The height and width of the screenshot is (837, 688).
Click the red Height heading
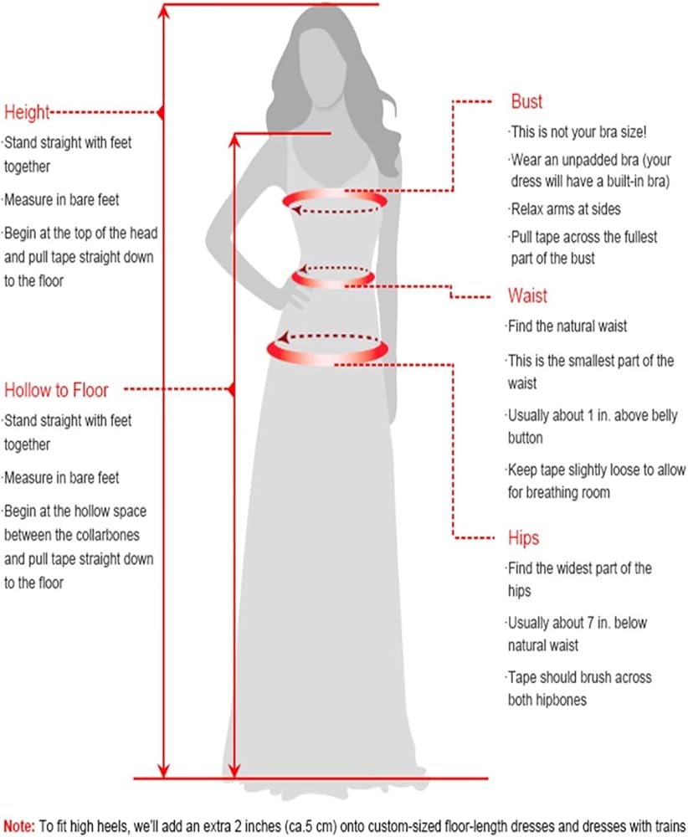(x=28, y=112)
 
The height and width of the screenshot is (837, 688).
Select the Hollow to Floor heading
(x=56, y=389)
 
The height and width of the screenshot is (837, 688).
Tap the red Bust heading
(x=526, y=102)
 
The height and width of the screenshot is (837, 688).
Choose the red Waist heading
(x=527, y=295)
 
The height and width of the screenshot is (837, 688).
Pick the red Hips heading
(x=523, y=537)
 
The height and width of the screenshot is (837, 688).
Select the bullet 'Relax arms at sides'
(x=566, y=208)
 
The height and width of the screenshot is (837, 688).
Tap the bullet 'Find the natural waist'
(x=567, y=326)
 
